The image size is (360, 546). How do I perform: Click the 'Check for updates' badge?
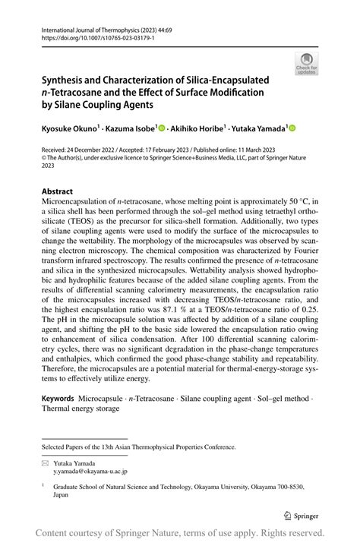[x=307, y=63]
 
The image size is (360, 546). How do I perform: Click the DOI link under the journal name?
[x=90, y=36]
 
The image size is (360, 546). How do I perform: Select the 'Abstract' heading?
[x=58, y=191]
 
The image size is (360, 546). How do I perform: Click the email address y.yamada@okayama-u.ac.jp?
[x=84, y=471]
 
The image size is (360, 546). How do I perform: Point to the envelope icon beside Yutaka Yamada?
[x=45, y=462]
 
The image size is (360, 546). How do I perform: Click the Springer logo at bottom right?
[x=301, y=513]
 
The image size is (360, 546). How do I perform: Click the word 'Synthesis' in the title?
[x=68, y=80]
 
